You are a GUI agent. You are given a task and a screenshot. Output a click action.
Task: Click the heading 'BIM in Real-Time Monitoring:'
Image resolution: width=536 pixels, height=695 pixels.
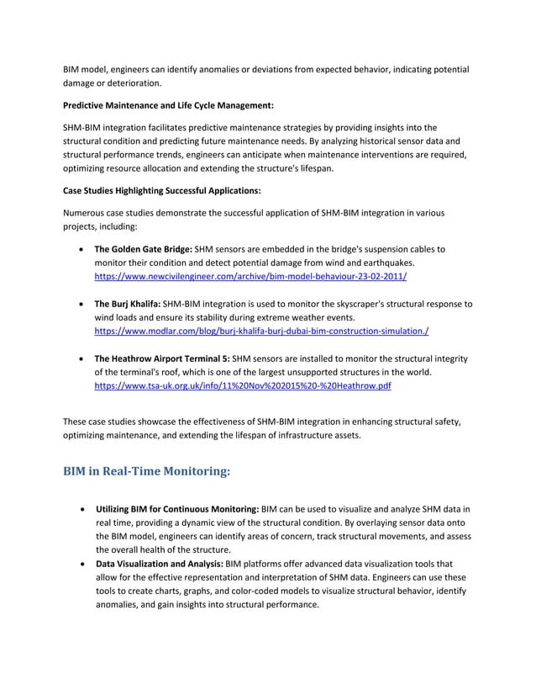coord(146,471)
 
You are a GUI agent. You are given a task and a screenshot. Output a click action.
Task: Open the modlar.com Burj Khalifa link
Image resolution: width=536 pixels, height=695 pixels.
coord(261,332)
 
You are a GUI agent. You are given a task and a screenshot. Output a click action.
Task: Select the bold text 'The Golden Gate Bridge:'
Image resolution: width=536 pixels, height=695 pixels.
coord(142,249)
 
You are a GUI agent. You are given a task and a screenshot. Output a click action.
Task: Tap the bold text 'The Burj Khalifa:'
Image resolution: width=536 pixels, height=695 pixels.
coord(128,304)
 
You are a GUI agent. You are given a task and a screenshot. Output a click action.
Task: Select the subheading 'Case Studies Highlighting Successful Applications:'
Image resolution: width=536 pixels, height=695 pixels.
coord(162,191)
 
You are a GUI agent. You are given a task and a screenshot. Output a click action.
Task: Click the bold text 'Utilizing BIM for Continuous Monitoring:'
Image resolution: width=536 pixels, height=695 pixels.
coord(176,510)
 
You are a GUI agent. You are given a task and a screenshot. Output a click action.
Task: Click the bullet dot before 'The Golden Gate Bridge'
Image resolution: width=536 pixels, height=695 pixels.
coord(80,250)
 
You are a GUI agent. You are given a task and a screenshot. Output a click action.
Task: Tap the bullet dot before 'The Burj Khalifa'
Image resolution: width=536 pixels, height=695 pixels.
coord(80,305)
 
